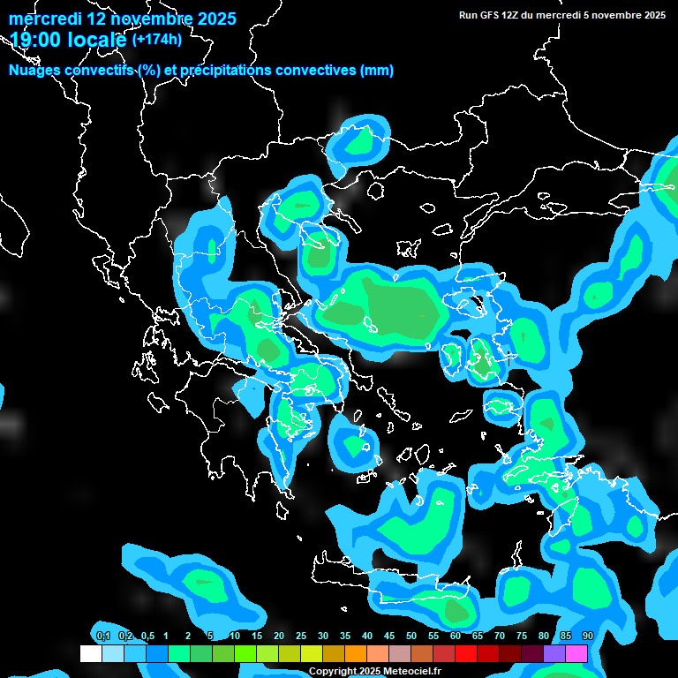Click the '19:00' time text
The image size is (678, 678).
[x=36, y=38]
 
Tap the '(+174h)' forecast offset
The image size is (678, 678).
[x=157, y=39]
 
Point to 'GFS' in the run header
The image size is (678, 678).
[x=493, y=15]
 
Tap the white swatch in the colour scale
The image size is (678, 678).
[x=90, y=654]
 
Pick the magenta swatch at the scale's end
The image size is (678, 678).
[x=576, y=654]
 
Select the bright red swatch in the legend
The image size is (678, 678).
[x=465, y=654]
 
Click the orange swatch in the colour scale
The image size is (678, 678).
[x=355, y=654]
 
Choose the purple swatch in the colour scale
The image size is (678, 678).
[x=554, y=654]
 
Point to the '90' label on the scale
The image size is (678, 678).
[x=587, y=637]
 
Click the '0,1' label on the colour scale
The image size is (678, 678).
[x=102, y=637]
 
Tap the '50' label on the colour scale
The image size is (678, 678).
[x=411, y=637]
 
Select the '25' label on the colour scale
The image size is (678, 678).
[x=300, y=637]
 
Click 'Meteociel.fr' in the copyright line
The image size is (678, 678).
[x=412, y=672]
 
